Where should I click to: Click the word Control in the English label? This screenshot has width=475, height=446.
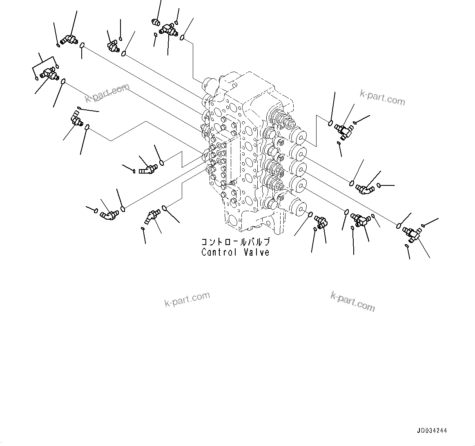coord(219,252)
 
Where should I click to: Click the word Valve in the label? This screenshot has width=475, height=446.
coord(256,252)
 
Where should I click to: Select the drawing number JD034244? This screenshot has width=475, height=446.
coord(432,430)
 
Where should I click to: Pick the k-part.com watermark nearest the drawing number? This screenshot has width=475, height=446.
coord(352,301)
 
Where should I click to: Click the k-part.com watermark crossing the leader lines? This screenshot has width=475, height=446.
coord(107,93)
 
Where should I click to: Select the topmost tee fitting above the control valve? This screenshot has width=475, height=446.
coord(167,29)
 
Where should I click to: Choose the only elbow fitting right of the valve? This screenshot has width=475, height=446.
coord(365,189)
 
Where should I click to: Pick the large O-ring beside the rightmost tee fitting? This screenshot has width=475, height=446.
coord(399,225)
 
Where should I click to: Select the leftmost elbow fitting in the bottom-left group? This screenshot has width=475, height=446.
coord(109,214)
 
